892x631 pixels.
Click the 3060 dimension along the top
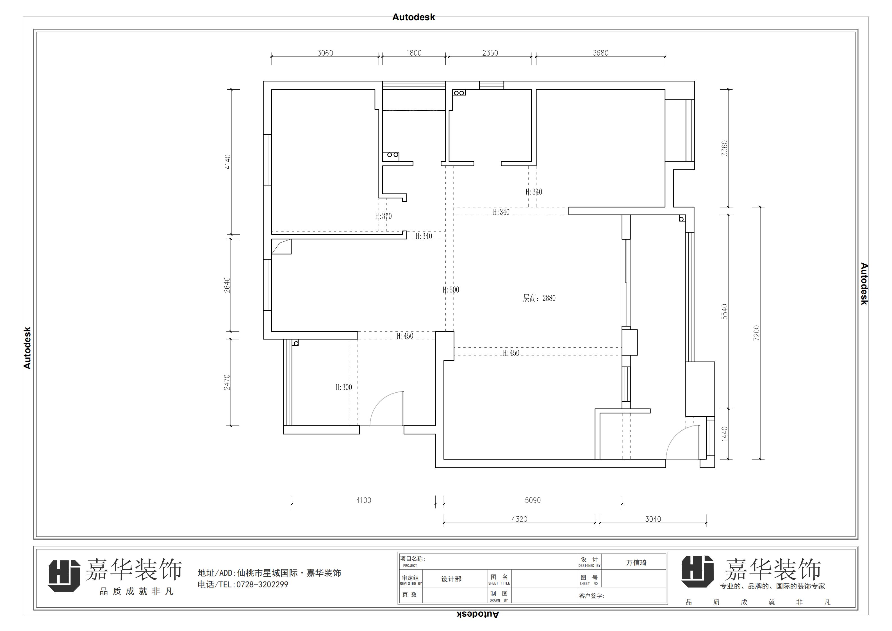coord(325,53)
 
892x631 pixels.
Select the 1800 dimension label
coord(414,53)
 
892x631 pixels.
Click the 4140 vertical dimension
coord(228,162)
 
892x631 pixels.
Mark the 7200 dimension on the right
coord(756,333)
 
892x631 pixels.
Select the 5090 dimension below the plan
coord(533,500)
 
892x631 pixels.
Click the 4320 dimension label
coord(519,519)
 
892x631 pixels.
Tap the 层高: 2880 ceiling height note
coord(539,298)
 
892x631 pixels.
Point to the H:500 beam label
coord(451,290)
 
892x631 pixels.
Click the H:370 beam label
coord(383,216)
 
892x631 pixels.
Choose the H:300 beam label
coord(344,387)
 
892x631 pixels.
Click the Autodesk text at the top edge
coord(413,17)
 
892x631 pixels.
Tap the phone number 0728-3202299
coord(262,584)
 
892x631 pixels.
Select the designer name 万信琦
coord(636,563)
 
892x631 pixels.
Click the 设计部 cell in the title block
coord(451,579)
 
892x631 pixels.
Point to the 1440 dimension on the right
coord(725,434)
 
